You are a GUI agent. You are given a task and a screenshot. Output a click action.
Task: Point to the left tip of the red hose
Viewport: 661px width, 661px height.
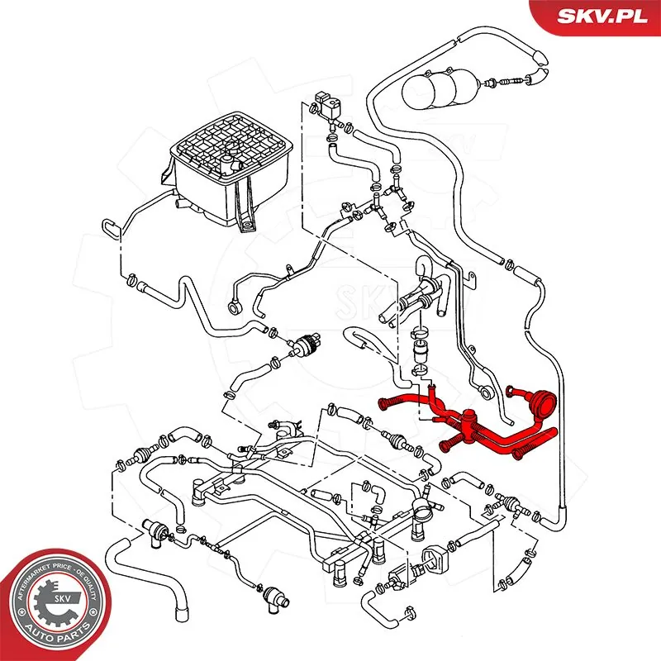tap(383, 403)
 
